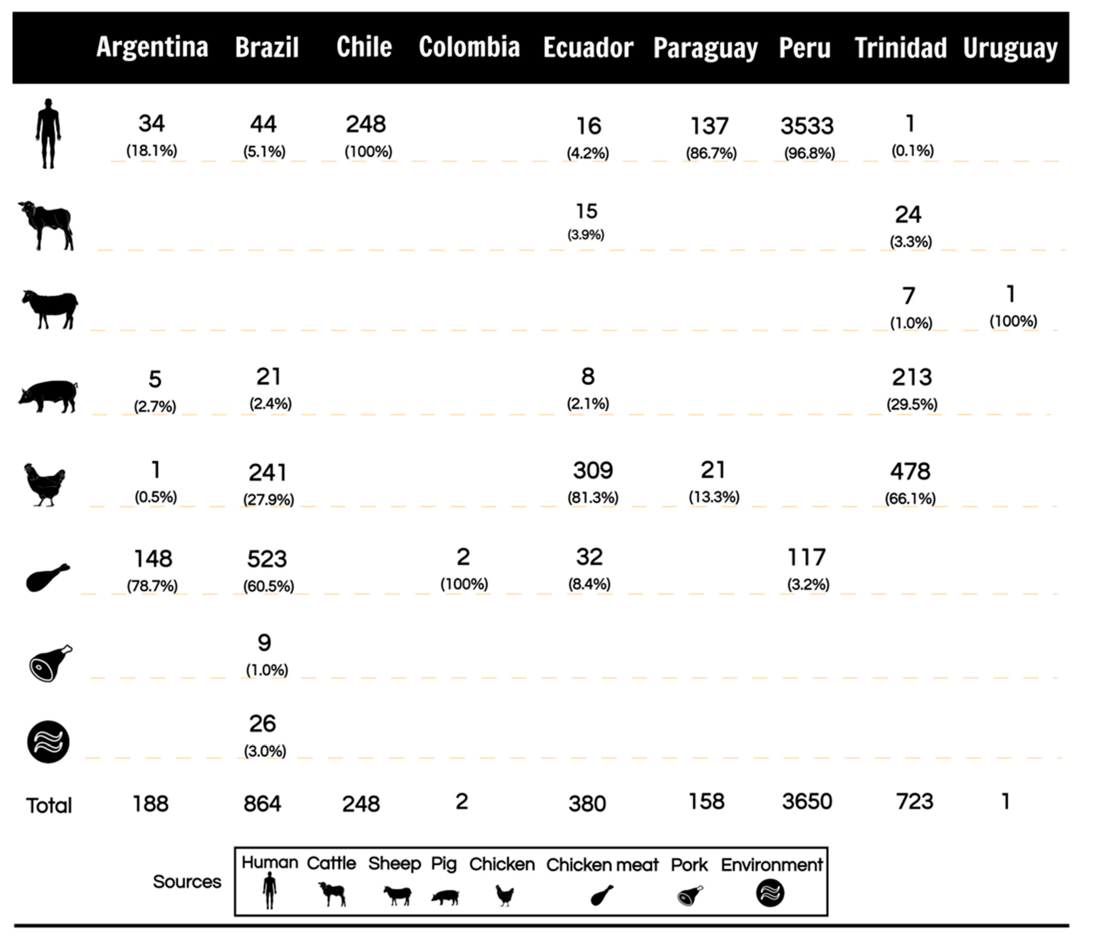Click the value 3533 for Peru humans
tap(807, 126)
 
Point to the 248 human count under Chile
tap(366, 125)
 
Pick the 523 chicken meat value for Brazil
tap(267, 559)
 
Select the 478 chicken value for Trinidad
tap(910, 471)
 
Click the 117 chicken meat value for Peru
tap(807, 557)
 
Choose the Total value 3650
tap(807, 802)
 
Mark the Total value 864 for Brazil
tap(262, 804)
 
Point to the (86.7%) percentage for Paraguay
tap(711, 154)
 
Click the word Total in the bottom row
tap(49, 805)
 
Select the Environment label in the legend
tap(771, 865)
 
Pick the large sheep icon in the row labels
tap(50, 309)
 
